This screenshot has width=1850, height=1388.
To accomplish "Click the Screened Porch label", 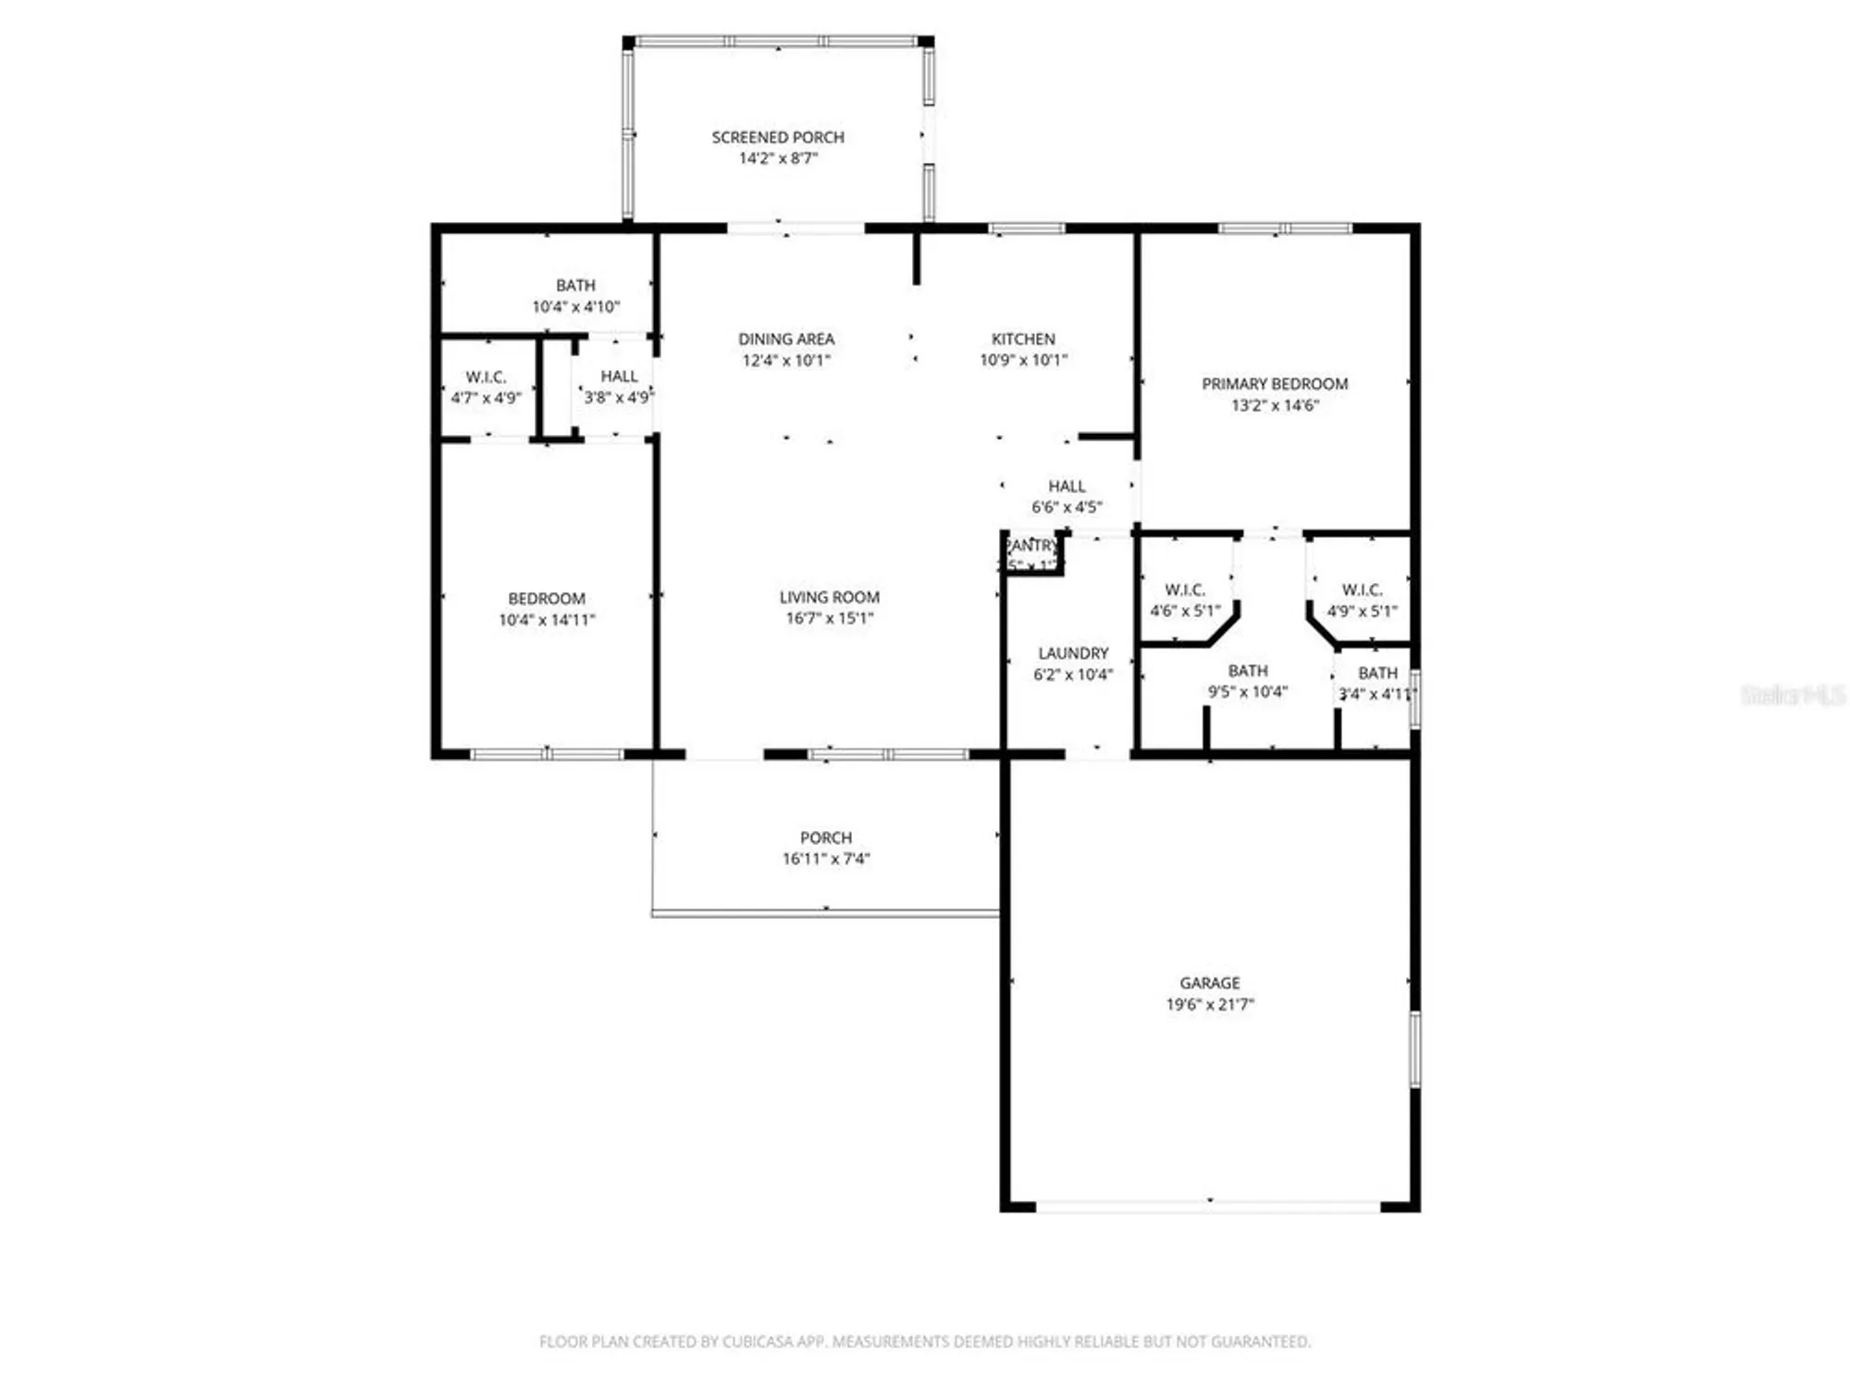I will click(777, 137).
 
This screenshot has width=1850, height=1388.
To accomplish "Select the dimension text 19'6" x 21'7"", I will click(1209, 1004).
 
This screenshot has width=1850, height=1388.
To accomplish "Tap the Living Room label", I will click(829, 597).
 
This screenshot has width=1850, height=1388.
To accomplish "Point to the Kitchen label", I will click(1023, 339).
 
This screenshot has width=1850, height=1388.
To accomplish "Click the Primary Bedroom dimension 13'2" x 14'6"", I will click(1274, 404).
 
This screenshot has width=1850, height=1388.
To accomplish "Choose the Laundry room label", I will click(1072, 652).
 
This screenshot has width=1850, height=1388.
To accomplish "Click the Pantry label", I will click(1032, 546).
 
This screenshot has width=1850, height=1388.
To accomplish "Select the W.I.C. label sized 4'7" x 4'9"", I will click(486, 377).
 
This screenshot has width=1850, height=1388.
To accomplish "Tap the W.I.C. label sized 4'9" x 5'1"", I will click(1362, 589).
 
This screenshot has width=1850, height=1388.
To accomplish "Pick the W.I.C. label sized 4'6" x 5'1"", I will click(1184, 589).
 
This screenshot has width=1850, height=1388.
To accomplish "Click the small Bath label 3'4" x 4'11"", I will click(1377, 673).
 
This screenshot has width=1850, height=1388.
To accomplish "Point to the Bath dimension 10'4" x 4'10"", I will click(575, 306).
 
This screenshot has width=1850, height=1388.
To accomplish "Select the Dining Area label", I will click(785, 339).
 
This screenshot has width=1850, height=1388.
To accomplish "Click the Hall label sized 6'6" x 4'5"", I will click(1067, 486).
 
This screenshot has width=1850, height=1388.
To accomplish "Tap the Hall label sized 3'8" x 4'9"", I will click(619, 376).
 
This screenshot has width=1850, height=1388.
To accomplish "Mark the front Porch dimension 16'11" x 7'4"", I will click(825, 858).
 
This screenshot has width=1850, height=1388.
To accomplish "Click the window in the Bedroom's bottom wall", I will click(547, 754).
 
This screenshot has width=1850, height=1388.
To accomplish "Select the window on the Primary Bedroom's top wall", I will click(1284, 228).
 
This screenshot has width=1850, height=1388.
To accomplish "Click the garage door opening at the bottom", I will click(1208, 1206).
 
